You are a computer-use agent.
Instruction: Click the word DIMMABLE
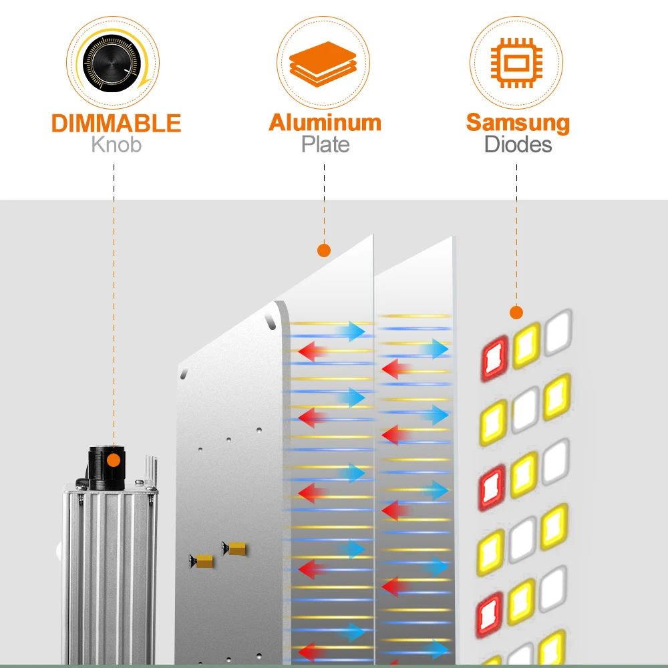click(116, 123)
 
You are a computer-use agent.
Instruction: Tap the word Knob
click(116, 144)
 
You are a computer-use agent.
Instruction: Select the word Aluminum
click(325, 123)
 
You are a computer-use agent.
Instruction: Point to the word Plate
click(325, 144)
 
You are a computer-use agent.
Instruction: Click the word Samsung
click(518, 124)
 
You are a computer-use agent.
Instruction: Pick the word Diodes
click(518, 144)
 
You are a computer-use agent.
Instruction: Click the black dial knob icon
click(112, 63)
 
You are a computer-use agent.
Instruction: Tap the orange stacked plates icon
click(323, 64)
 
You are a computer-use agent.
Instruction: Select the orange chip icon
click(516, 63)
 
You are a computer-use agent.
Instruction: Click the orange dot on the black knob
click(114, 460)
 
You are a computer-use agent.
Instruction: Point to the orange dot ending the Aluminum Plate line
click(324, 251)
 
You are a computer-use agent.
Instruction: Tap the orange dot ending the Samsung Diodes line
click(516, 312)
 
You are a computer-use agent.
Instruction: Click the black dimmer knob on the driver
click(106, 468)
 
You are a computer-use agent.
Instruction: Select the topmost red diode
click(495, 358)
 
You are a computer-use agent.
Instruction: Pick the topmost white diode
click(558, 332)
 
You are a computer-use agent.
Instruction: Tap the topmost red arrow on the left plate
click(313, 351)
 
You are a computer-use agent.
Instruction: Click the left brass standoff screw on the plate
click(200, 561)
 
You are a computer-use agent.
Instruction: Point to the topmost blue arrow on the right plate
click(435, 349)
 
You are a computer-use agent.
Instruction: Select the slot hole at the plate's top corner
click(270, 322)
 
